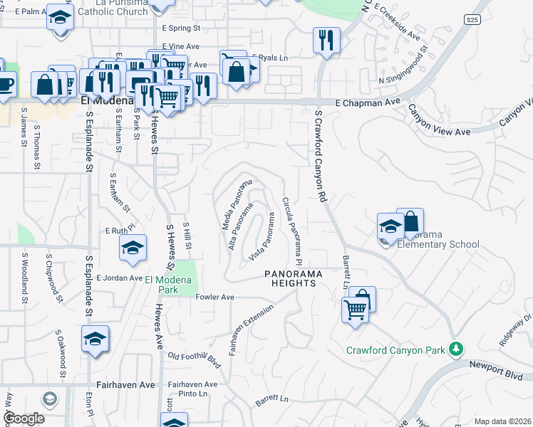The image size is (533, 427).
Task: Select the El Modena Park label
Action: (x=171, y=285)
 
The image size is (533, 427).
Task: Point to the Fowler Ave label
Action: (x=214, y=297)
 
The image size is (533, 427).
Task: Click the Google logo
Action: (x=24, y=418)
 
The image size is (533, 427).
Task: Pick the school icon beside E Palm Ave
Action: (x=60, y=16)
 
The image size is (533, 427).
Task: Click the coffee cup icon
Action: (x=5, y=83)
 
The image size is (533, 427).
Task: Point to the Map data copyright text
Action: (x=502, y=421)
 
